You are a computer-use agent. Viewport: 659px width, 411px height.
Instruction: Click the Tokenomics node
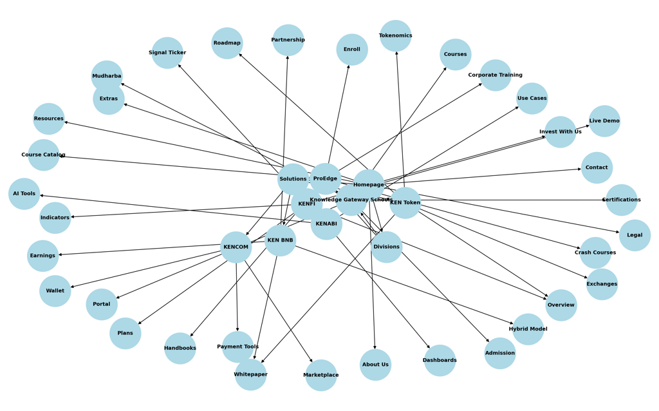tap(395, 35)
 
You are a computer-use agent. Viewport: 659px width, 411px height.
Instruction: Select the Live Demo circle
tap(604, 121)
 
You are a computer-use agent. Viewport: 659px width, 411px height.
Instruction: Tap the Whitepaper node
tap(250, 374)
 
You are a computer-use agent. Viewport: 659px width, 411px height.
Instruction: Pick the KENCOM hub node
tap(236, 247)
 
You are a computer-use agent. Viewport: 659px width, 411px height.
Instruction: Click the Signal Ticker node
tap(167, 53)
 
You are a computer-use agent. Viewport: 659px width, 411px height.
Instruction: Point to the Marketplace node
tap(320, 375)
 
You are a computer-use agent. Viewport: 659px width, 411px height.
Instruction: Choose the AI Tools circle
tap(24, 194)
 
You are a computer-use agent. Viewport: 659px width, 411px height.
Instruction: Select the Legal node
tap(635, 235)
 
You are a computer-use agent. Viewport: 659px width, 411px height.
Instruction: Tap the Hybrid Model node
tap(528, 329)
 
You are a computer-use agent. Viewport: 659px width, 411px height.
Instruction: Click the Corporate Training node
tap(495, 75)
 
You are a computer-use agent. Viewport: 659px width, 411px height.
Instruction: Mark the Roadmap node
tap(227, 43)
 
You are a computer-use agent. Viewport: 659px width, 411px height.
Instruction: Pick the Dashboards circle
tap(440, 360)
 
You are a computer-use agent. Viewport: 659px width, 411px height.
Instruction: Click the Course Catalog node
tap(43, 155)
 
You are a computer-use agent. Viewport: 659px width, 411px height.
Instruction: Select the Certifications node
tap(621, 200)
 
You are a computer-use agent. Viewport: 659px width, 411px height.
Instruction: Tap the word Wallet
tap(55, 291)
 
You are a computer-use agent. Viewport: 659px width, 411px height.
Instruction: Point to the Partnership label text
tap(288, 40)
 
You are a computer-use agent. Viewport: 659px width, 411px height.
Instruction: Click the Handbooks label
tap(180, 349)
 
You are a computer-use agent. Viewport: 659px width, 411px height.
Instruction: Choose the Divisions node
tap(386, 247)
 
